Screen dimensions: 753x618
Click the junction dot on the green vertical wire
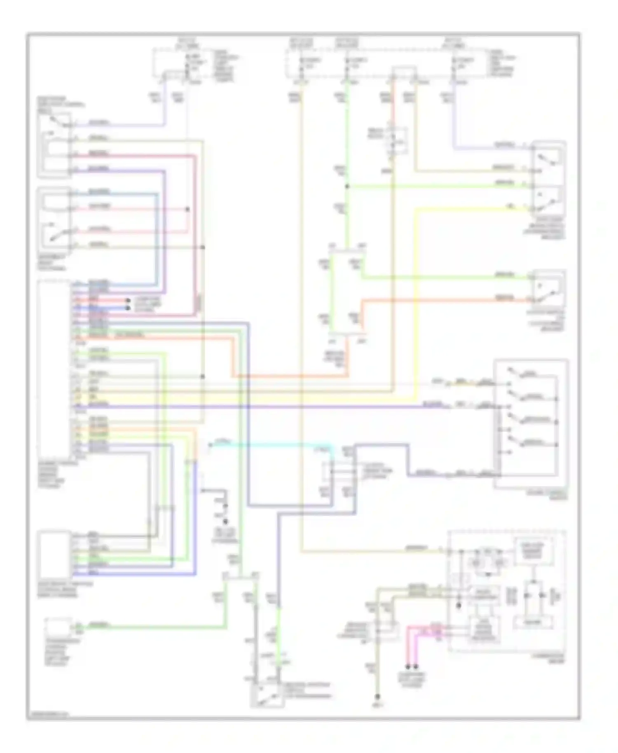click(347, 187)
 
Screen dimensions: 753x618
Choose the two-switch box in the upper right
click(548, 177)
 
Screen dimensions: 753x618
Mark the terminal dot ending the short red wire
click(128, 301)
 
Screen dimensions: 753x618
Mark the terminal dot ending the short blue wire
click(128, 308)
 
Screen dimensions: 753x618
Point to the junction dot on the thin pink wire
click(187, 209)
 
